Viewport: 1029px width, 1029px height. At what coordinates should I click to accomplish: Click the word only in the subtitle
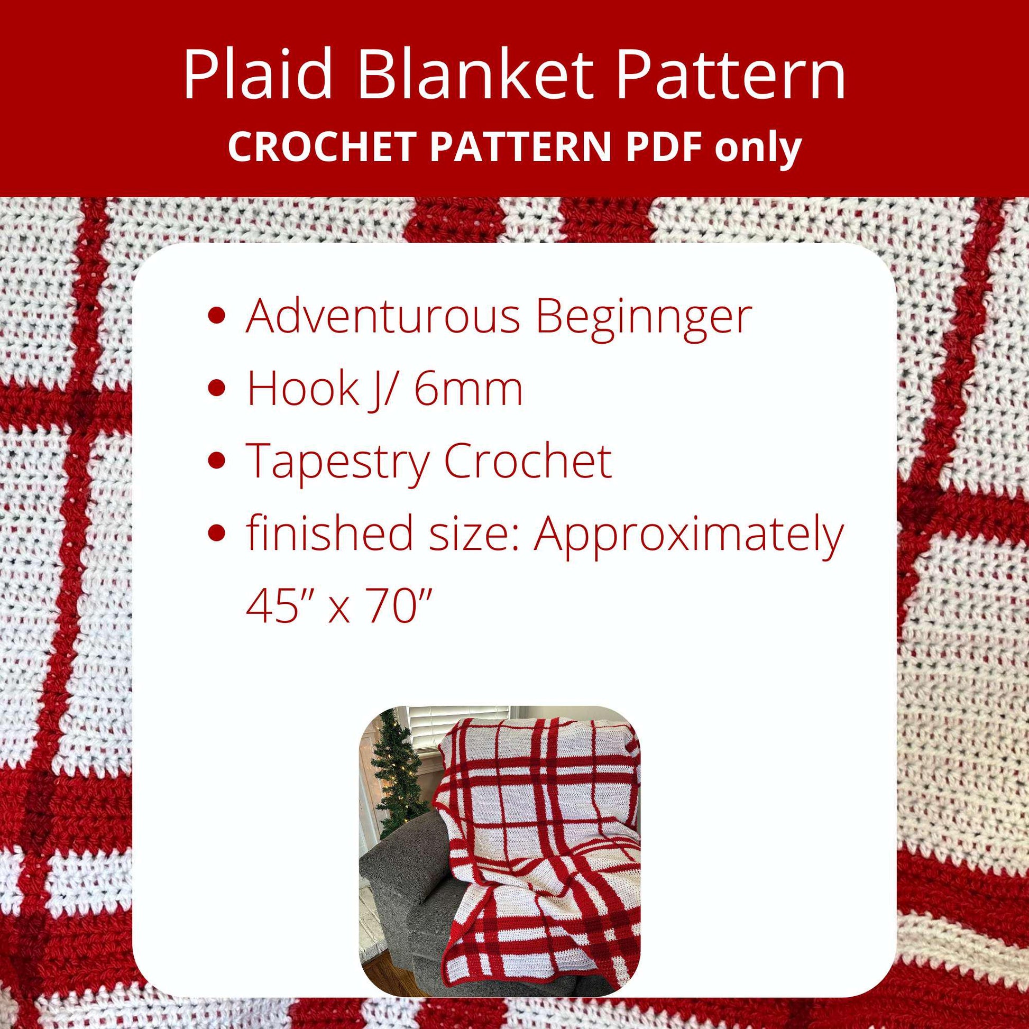tap(758, 148)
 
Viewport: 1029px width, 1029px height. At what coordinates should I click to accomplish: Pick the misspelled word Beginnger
tap(644, 316)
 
